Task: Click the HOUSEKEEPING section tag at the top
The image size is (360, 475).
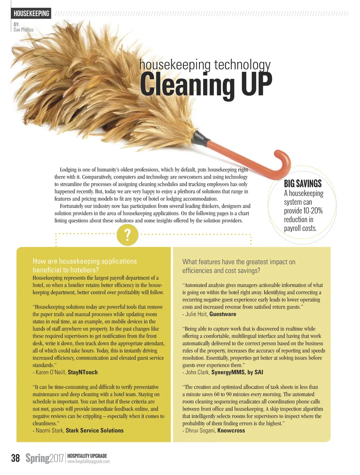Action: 31,14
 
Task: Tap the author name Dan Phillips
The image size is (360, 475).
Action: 24,30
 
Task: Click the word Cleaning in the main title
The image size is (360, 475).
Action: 187,84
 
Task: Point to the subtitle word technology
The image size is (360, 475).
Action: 242,65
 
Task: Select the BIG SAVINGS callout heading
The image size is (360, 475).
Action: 303,184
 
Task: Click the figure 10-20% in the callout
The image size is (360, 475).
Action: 313,211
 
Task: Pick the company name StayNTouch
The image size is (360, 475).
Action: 83,372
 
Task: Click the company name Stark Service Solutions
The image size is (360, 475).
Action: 95,430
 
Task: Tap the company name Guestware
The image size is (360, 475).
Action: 223,314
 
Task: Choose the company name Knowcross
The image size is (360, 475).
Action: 231,430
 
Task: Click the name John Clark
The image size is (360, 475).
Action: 197,372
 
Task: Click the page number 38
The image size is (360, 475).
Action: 15,458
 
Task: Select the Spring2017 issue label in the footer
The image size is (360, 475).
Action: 44,458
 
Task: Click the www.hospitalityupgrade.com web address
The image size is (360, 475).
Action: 88,461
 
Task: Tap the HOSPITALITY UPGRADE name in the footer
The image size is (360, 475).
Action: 87,456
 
